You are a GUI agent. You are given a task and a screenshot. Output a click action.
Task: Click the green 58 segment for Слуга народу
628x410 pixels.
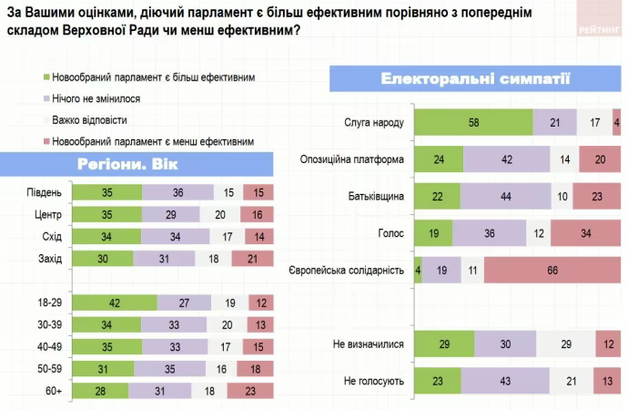tap(473, 122)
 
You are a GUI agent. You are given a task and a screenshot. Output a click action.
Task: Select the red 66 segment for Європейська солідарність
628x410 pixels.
tap(552, 271)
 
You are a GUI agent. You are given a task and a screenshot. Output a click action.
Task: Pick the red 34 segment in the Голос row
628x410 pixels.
tap(585, 233)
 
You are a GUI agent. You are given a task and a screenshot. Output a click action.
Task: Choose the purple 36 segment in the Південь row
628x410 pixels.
tap(177, 192)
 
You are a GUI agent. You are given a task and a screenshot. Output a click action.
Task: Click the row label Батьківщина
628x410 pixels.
tap(376, 196)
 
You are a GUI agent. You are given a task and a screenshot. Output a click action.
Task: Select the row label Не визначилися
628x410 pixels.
tap(368, 344)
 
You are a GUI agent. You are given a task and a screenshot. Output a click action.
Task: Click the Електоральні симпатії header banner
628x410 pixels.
tap(475, 78)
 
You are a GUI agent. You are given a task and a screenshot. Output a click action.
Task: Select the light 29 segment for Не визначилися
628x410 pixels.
tap(565, 344)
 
